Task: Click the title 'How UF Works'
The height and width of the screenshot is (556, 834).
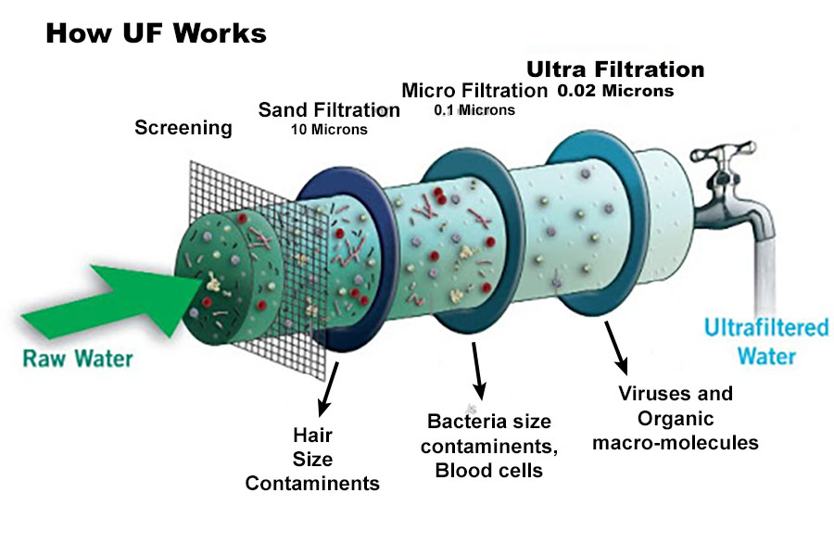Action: [156, 34]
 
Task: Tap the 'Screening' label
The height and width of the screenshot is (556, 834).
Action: [183, 128]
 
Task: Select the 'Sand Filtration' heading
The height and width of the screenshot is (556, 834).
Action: [329, 110]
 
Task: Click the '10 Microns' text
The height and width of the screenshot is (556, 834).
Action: [329, 130]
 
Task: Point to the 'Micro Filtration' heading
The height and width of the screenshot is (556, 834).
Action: [474, 91]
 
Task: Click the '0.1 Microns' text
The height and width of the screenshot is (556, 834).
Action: [474, 110]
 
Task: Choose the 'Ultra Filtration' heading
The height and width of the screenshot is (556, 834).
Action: [615, 69]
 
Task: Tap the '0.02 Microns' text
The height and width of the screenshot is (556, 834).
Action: [615, 92]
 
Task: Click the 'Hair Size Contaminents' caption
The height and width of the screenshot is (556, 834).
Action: [312, 459]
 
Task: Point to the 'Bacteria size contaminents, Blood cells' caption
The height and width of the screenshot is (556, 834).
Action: [488, 446]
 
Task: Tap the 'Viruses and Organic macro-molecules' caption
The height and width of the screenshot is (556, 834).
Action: [676, 417]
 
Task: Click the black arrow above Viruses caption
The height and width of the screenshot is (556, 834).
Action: [615, 347]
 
